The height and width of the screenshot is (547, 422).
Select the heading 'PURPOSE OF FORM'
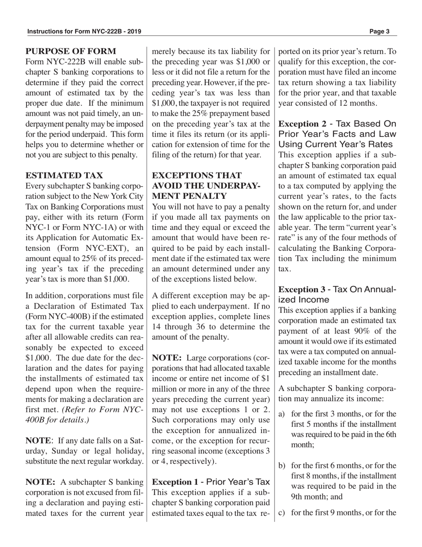pos(71,52)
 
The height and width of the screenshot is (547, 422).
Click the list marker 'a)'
pos(282,414)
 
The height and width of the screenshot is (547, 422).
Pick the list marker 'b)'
pos(282,466)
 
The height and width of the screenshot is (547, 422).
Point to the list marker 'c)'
pos(282,513)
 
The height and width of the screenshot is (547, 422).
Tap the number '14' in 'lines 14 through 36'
pos(157,327)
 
